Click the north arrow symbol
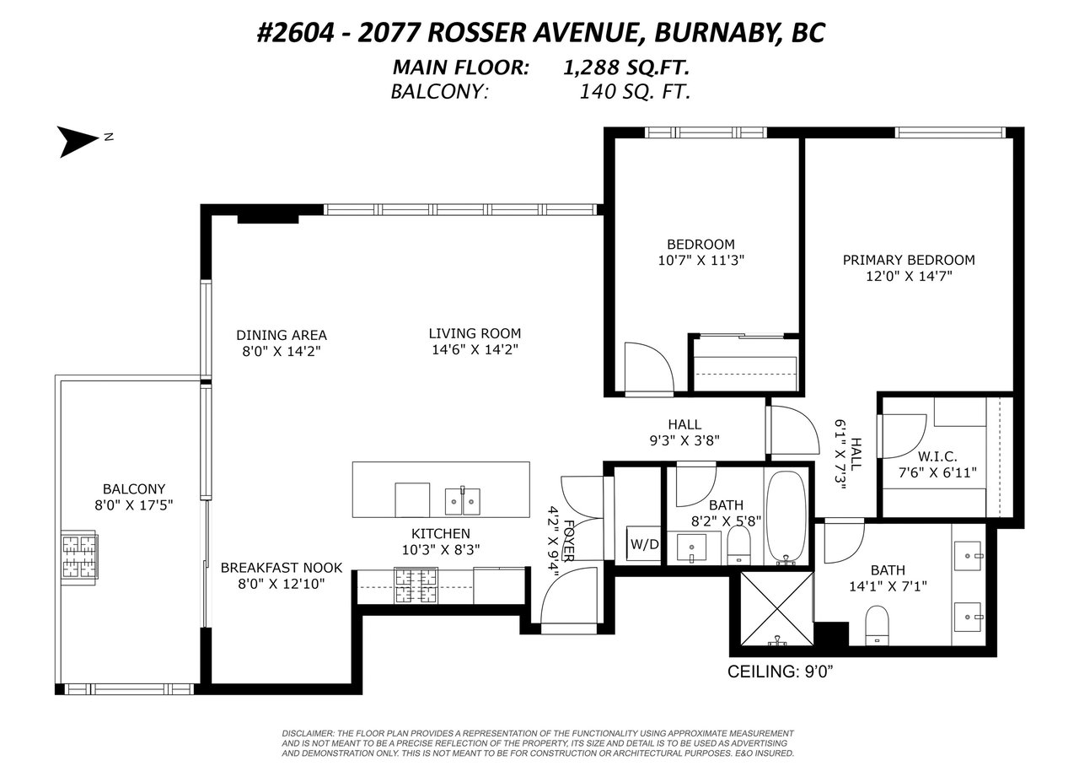coord(77,141)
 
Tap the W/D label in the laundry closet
coord(645,544)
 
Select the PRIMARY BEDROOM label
coord(909,260)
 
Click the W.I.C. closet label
coord(937,456)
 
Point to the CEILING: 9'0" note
coord(781,672)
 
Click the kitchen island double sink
coord(463,501)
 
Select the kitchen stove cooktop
coord(416,585)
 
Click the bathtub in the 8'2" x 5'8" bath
coord(785,518)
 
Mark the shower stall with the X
coord(776,608)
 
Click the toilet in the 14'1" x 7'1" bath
coord(877,625)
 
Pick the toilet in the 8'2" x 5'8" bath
coord(738,545)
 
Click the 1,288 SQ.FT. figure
coord(626,67)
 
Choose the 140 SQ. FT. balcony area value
coord(635,92)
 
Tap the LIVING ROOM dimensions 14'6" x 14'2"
coord(475,349)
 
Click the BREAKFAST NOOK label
coord(282,568)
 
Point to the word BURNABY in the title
coord(712,33)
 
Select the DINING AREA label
coord(282,335)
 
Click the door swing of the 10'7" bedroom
coord(649,367)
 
